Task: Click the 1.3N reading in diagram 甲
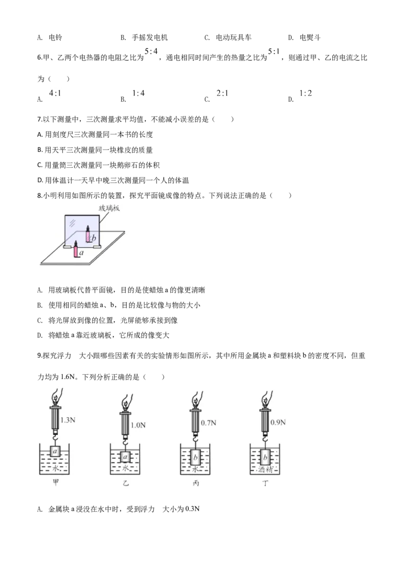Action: (67, 420)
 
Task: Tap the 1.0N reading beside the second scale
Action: (138, 426)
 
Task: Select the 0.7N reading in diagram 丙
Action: (209, 423)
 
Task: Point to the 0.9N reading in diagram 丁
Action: (278, 422)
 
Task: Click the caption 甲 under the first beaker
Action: (56, 482)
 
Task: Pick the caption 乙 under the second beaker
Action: (126, 483)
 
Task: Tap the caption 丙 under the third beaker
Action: (196, 483)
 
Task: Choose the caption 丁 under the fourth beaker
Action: (265, 483)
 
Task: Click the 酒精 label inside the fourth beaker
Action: (265, 470)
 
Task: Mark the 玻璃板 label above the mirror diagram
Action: (109, 208)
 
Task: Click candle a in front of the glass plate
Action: (76, 249)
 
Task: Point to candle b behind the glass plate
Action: (88, 234)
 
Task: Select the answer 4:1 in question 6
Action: (55, 94)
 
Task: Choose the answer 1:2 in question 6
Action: (305, 94)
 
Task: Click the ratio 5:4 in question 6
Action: (151, 51)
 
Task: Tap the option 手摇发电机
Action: (150, 37)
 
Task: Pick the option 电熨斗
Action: (310, 37)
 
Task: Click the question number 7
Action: (40, 119)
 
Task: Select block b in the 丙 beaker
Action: (195, 458)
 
